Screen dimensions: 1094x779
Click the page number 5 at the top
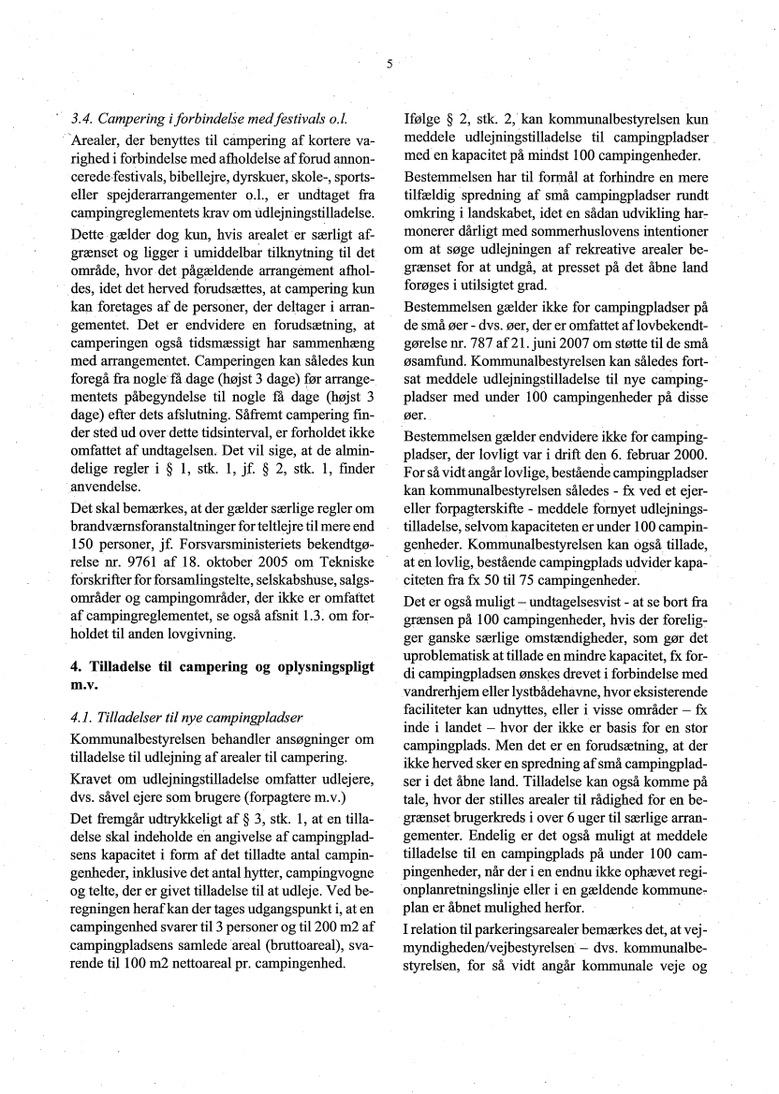[388, 64]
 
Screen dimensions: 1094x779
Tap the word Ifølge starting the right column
[423, 121]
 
